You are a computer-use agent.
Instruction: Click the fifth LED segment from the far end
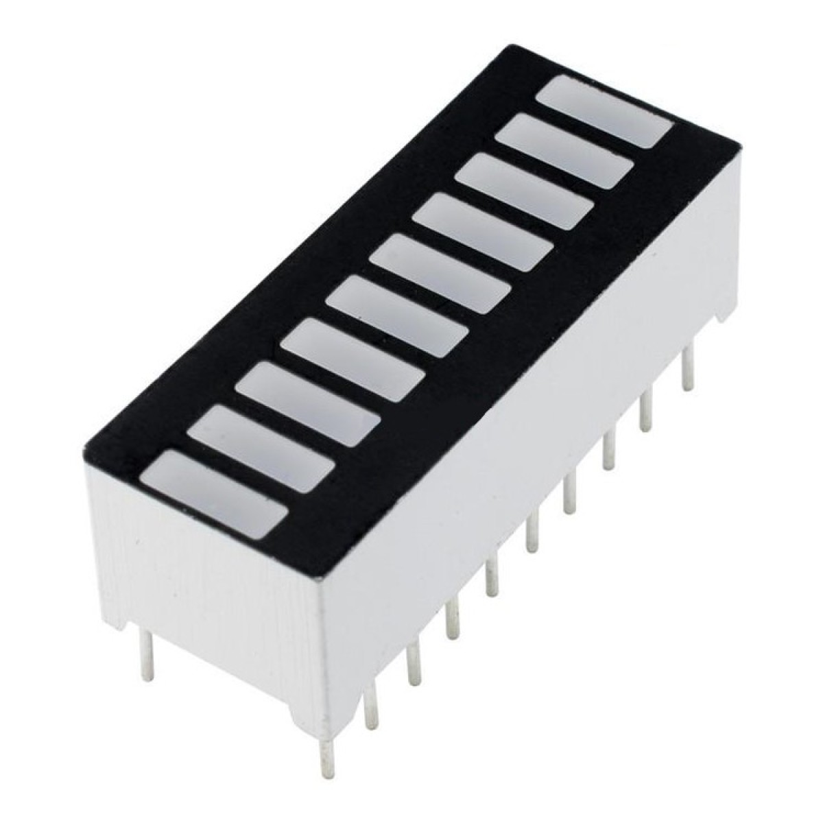coord(442,277)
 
